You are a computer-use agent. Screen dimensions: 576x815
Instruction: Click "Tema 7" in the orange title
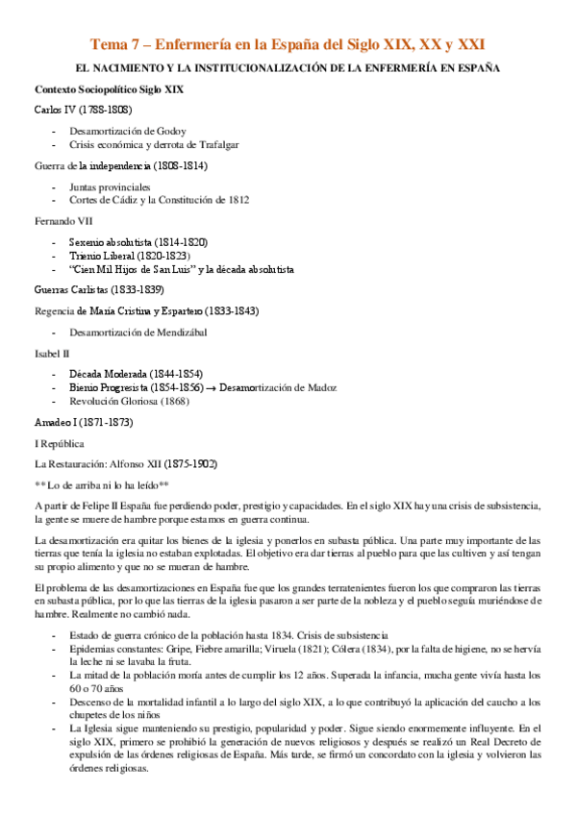[x=113, y=44]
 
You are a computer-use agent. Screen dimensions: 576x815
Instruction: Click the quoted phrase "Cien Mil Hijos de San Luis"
[x=133, y=269]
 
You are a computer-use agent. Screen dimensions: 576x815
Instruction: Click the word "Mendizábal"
[x=180, y=332]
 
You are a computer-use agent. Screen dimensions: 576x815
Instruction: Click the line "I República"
[x=59, y=443]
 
